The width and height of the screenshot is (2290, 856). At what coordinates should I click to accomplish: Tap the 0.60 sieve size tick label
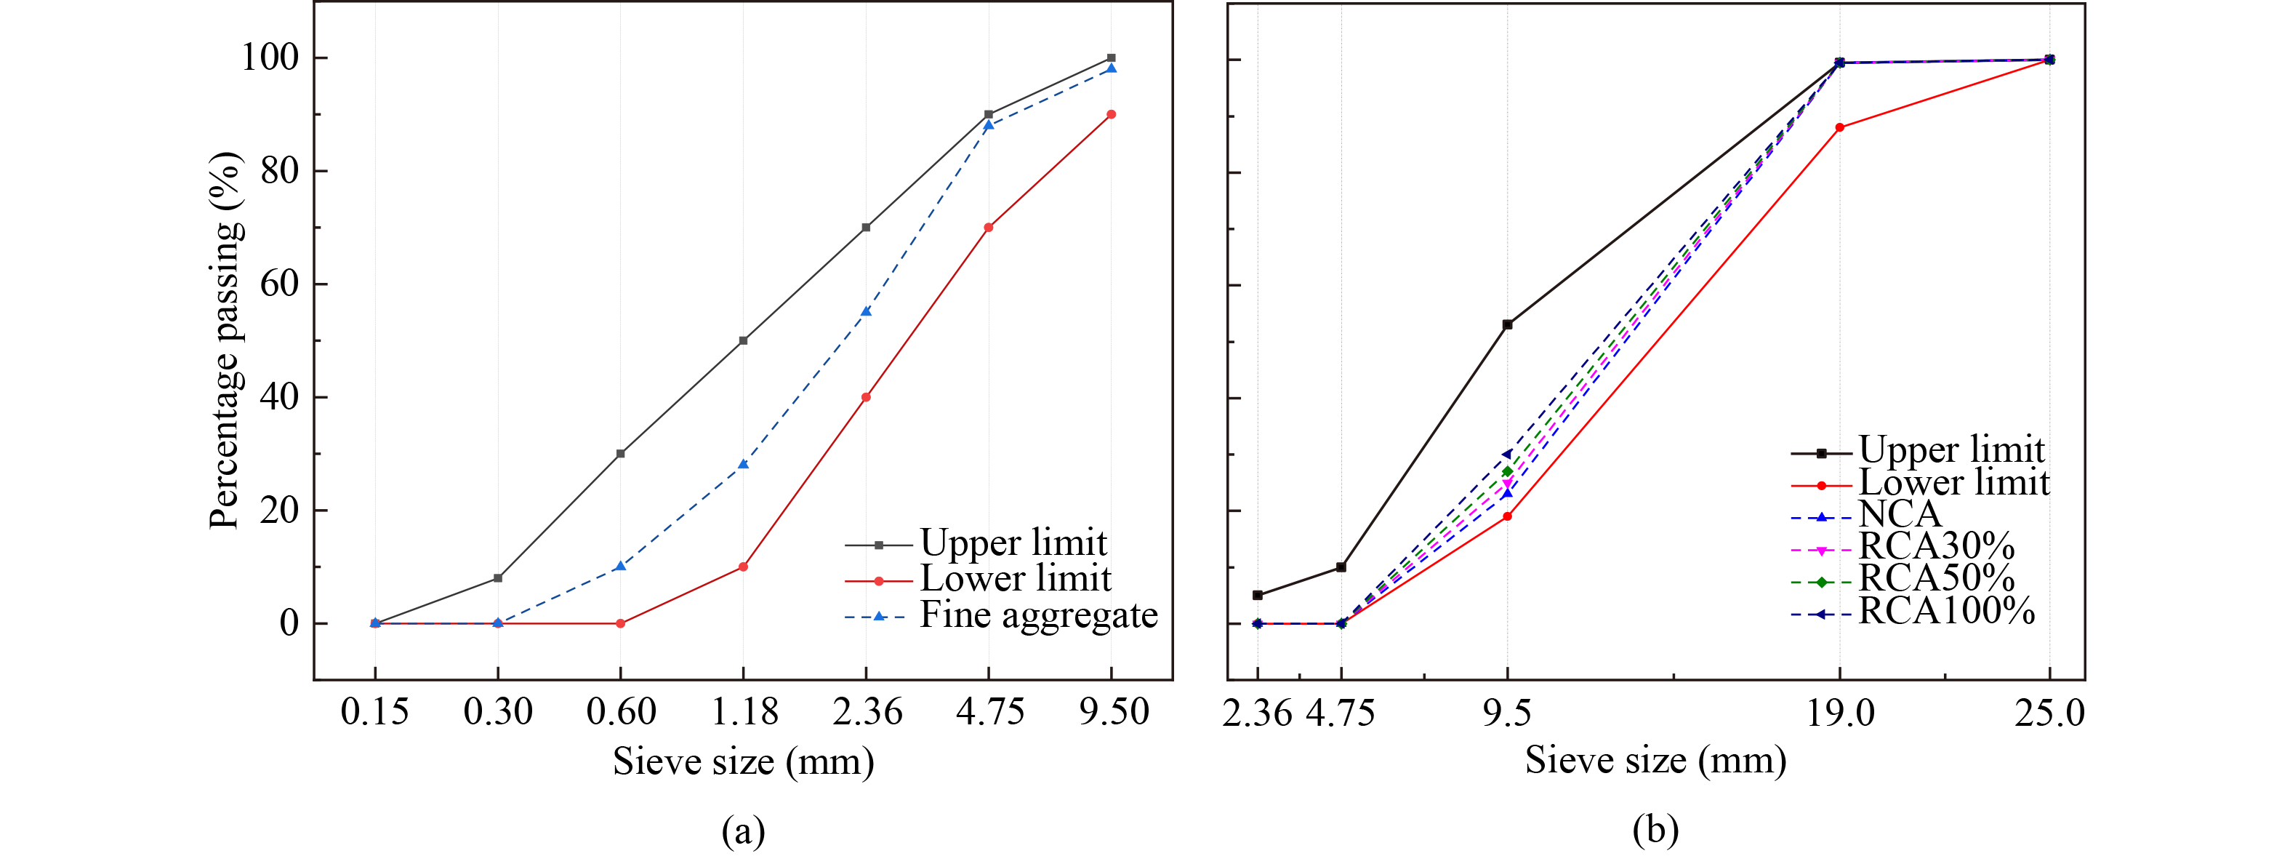[621, 712]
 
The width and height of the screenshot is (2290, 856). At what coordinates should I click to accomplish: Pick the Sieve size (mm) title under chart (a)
[743, 761]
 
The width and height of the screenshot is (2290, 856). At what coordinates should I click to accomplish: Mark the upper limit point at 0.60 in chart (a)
[621, 453]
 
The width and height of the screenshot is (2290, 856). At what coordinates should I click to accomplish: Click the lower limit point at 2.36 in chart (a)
[866, 397]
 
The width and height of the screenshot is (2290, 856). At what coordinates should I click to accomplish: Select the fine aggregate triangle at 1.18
[743, 464]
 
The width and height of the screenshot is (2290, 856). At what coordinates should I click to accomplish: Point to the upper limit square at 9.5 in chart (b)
[1507, 324]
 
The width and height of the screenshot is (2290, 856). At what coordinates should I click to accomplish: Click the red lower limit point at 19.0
[1839, 128]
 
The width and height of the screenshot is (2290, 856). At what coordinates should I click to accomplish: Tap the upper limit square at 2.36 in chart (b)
[1257, 595]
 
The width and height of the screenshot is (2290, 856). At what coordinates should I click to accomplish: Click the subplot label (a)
[743, 831]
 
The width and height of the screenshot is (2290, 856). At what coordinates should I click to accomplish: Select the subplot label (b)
[1655, 829]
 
